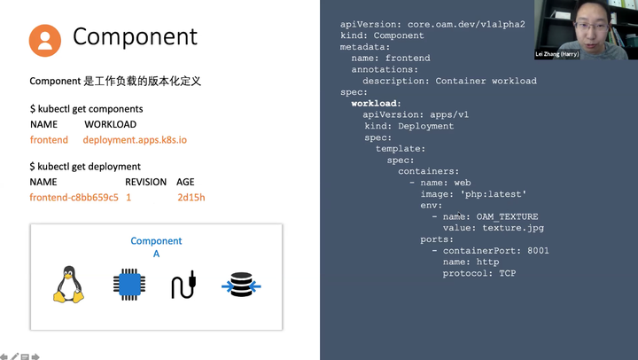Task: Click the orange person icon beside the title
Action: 45,40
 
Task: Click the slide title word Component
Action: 135,36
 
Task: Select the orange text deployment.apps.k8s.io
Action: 135,140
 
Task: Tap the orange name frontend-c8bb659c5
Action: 74,197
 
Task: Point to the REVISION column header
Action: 145,182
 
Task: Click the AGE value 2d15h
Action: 191,197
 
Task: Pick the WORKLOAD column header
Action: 110,125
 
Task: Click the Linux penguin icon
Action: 68,284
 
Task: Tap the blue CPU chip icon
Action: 128,285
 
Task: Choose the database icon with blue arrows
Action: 240,286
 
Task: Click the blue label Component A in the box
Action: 156,247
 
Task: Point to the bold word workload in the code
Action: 375,104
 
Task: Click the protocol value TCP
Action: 507,273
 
